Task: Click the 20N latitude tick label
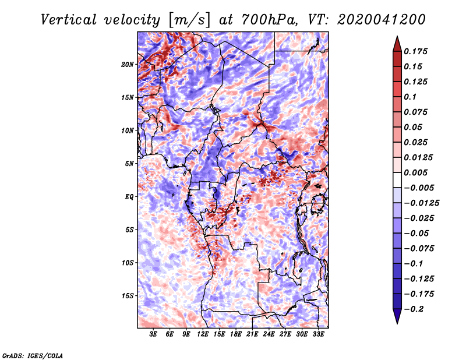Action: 128,64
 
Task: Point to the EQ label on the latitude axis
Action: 129,196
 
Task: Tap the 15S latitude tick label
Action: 128,296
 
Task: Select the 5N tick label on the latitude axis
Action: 130,164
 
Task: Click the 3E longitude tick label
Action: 154,335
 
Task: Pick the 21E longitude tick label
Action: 252,335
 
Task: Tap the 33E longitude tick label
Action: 318,335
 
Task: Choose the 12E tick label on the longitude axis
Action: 203,335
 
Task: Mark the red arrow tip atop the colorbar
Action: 397,40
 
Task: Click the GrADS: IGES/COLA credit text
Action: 32,355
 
